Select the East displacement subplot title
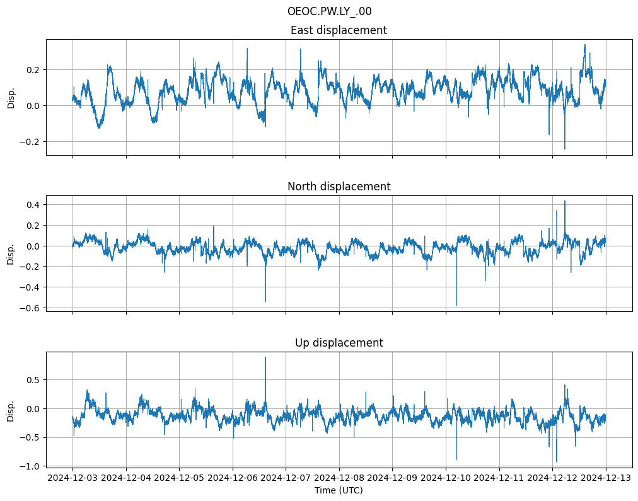(x=339, y=30)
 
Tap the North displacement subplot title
(x=339, y=187)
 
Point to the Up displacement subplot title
(x=339, y=343)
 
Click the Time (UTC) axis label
(x=339, y=490)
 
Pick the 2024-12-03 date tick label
(x=72, y=478)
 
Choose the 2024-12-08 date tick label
(x=339, y=478)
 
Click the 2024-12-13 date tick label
(x=606, y=478)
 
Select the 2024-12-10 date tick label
(x=446, y=478)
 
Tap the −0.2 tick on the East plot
(x=30, y=142)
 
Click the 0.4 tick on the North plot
(x=33, y=204)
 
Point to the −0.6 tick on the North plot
(x=30, y=308)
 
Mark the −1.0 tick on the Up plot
(x=30, y=466)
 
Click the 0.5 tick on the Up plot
(x=33, y=379)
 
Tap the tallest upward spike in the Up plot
(x=265, y=357)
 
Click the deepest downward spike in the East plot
(x=564, y=149)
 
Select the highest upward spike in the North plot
(x=565, y=201)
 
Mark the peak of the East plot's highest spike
(x=585, y=45)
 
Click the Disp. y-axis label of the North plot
(x=11, y=253)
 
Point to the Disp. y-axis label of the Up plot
(x=11, y=409)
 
